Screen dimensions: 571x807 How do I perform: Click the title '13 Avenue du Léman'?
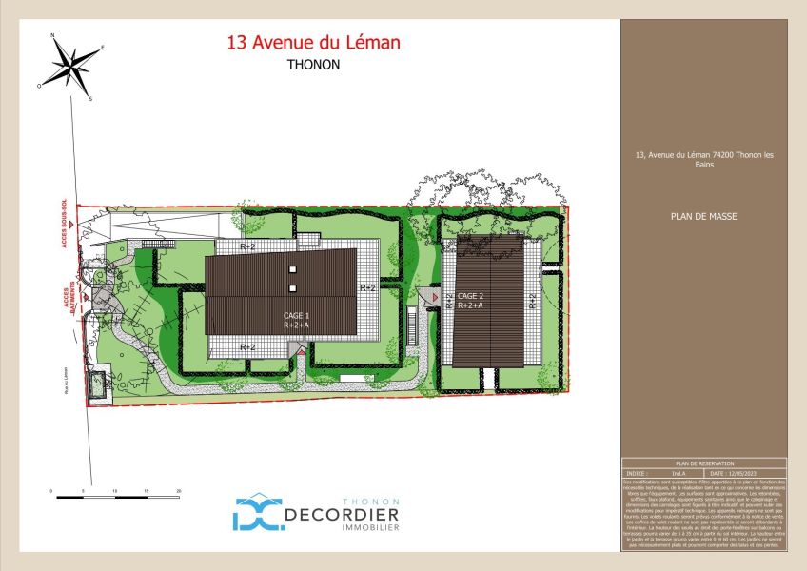point(313,43)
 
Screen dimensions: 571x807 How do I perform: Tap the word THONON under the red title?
point(313,66)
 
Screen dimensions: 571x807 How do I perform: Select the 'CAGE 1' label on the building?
point(297,315)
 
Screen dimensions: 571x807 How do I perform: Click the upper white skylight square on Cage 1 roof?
point(293,270)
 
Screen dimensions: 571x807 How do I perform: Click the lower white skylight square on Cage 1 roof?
point(293,288)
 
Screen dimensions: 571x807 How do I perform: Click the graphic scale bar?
point(117,496)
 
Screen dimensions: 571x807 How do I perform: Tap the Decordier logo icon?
point(254,511)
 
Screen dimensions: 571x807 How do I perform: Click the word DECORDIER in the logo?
point(342,515)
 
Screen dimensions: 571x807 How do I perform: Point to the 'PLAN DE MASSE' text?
point(703,216)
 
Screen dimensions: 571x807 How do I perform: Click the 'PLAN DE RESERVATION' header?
point(703,463)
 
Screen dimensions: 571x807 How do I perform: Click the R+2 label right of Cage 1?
point(367,286)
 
